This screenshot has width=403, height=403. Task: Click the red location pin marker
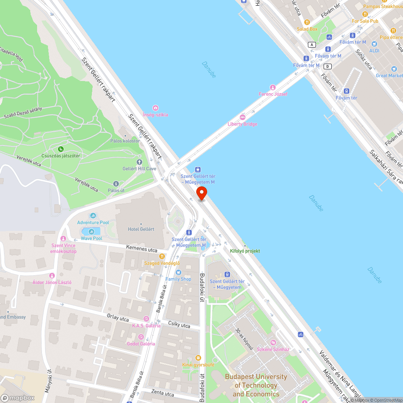point(201,193)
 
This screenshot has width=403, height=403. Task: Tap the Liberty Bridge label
point(242,124)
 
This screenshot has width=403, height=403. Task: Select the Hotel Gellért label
point(141,229)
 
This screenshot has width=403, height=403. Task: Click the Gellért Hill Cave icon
point(140,162)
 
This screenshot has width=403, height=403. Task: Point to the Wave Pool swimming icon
point(91,231)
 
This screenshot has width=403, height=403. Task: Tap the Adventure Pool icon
point(93,216)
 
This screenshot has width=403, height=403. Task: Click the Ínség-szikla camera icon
point(155,108)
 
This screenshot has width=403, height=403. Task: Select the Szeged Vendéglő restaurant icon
point(162,256)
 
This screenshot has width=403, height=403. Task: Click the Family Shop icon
point(179,272)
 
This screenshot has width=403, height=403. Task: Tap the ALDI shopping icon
point(374,44)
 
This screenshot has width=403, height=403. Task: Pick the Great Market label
point(389,75)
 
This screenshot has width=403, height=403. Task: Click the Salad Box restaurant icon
point(307,22)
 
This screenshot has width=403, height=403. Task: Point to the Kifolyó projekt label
point(245,251)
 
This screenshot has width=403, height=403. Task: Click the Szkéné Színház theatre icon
point(273,343)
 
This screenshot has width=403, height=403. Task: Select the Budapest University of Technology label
point(256,385)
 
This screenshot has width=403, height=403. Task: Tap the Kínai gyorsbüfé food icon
point(198,357)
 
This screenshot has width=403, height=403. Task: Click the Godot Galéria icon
point(141,337)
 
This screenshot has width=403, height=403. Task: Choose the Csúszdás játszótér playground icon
point(60,149)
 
